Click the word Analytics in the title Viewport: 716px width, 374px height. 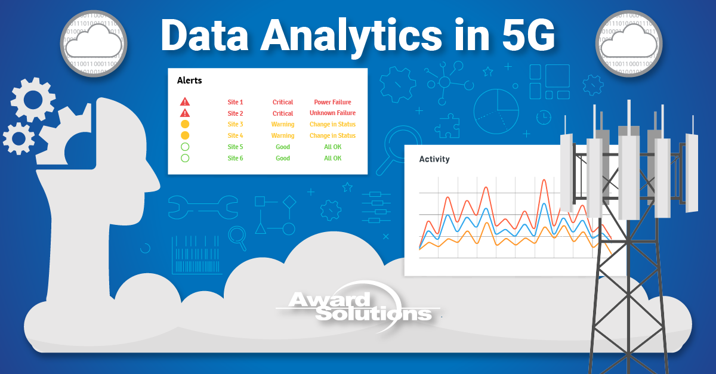click(x=351, y=36)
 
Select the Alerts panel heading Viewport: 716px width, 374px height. click(x=189, y=81)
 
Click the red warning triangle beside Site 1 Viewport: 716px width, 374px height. click(x=185, y=102)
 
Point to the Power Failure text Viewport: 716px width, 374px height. click(x=332, y=102)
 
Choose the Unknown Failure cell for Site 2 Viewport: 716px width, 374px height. click(x=332, y=113)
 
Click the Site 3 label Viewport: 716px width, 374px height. click(x=235, y=125)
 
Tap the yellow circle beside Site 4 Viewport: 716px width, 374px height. click(x=185, y=135)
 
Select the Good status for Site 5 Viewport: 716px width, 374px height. click(x=283, y=147)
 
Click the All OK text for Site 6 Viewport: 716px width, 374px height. click(x=332, y=158)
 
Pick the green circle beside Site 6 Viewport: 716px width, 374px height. click(x=185, y=158)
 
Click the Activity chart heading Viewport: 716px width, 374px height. click(x=434, y=159)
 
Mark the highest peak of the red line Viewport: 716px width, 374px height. click(x=544, y=180)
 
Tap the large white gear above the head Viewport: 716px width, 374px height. click(x=33, y=99)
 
